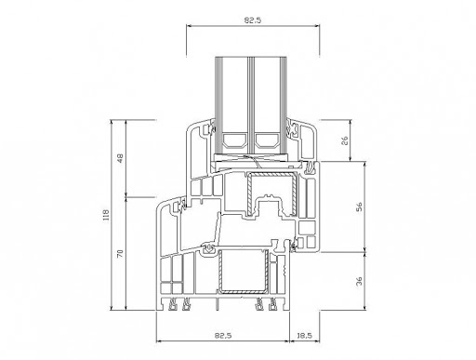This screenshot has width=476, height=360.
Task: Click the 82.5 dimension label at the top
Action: click(x=253, y=20)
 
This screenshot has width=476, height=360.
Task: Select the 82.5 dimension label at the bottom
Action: click(x=223, y=336)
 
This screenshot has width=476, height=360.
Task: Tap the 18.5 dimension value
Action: click(x=304, y=336)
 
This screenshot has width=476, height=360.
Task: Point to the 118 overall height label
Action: click(x=106, y=215)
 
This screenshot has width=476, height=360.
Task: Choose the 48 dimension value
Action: click(x=120, y=158)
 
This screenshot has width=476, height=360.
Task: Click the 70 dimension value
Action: click(x=120, y=253)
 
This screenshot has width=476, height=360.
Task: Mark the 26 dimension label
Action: click(x=344, y=140)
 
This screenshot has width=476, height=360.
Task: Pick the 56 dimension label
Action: click(x=359, y=207)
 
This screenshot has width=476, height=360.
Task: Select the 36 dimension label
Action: click(x=359, y=281)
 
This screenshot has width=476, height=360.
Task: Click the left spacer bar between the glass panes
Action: click(x=235, y=140)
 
